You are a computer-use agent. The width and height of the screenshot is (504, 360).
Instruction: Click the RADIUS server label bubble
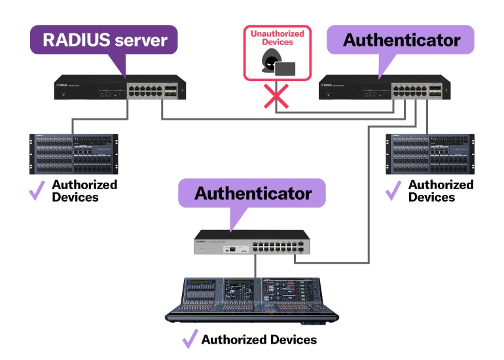104,40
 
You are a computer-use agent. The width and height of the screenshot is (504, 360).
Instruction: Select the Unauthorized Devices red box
277,53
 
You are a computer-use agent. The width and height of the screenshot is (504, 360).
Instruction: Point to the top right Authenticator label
401,40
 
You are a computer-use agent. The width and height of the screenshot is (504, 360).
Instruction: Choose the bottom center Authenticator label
252,193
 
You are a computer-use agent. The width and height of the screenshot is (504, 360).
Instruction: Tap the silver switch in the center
252,243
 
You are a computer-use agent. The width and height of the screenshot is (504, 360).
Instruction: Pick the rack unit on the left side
73,154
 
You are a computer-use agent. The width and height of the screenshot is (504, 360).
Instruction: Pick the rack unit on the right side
429,154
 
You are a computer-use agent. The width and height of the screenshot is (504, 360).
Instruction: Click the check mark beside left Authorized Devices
37,190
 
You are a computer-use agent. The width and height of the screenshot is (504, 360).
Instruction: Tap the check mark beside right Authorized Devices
393,190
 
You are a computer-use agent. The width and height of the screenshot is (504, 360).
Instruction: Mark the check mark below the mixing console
190,339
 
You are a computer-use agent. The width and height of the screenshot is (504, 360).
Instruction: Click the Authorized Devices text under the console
259,340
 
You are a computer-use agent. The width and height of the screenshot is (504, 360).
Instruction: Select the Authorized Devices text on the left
84,190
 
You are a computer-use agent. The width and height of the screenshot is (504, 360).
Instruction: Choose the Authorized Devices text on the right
441,190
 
